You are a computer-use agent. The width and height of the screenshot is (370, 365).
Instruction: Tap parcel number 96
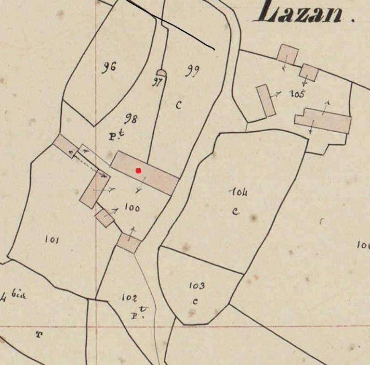click(109, 67)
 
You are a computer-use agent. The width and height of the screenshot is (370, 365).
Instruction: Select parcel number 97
click(157, 81)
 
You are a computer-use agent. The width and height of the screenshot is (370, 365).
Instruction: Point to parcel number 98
click(131, 118)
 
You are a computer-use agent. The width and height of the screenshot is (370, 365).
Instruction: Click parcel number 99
click(192, 72)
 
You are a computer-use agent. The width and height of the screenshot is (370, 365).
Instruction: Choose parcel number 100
click(132, 208)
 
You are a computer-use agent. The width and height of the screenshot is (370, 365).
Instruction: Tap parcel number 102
click(129, 298)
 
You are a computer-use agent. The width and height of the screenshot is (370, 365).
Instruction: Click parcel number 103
click(196, 286)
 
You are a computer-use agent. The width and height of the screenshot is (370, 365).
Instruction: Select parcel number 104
click(239, 192)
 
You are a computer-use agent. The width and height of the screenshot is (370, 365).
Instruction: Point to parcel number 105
click(297, 94)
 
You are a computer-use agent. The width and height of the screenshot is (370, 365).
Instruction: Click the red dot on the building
click(138, 170)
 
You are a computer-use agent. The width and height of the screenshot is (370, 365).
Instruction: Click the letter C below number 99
click(179, 104)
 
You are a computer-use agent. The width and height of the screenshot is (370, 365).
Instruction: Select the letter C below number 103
click(195, 302)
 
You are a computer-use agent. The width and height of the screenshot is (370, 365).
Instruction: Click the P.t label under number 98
click(114, 136)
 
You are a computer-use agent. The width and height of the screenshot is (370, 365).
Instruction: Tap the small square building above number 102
click(129, 243)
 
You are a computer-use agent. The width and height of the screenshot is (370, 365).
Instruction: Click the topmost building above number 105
click(288, 53)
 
